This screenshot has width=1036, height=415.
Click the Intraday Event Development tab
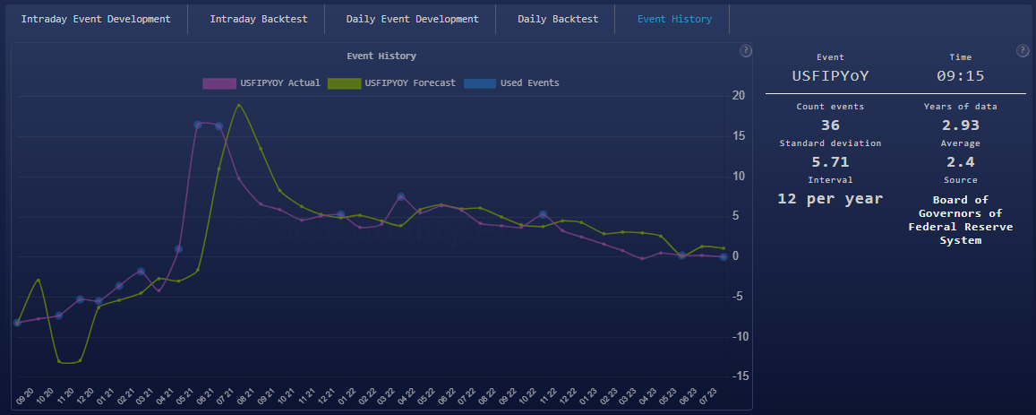[x=95, y=19]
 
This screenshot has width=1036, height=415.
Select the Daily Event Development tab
[x=413, y=19]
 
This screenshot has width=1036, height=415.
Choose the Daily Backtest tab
[x=557, y=19]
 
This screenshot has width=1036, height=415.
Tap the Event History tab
[x=674, y=19]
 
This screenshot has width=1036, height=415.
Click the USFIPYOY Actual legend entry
[x=261, y=83]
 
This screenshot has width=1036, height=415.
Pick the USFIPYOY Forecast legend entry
[x=392, y=83]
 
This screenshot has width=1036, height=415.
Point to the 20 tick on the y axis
[x=738, y=95]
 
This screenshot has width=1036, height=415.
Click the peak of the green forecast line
[x=239, y=105]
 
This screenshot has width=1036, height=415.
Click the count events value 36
[x=830, y=125]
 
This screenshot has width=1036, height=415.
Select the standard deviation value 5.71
[x=830, y=161]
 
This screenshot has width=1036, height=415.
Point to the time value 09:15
[x=960, y=76]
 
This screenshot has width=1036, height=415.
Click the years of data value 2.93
[x=960, y=125]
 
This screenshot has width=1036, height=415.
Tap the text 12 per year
[x=830, y=198]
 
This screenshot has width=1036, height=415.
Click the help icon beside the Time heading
[x=1022, y=51]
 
